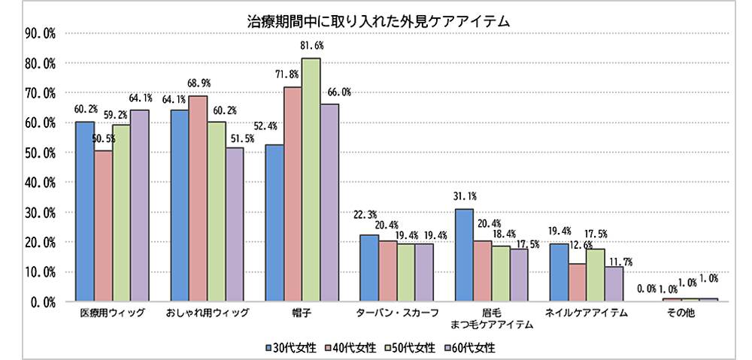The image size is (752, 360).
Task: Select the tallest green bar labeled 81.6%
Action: tap(311, 180)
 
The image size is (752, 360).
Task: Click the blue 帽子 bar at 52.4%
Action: tap(274, 223)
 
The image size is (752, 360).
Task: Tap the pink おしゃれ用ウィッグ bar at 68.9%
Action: tap(199, 198)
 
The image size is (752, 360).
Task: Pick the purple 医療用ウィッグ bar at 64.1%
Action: tap(140, 205)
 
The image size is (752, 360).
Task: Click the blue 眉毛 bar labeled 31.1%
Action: tap(464, 256)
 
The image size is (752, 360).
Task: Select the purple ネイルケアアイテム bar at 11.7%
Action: tap(614, 284)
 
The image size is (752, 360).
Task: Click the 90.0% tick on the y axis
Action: tap(39, 34)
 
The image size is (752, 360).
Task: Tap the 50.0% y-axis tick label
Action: tap(39, 153)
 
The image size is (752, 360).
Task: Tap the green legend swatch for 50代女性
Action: tap(387, 347)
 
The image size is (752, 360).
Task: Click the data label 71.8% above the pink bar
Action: tap(293, 74)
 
